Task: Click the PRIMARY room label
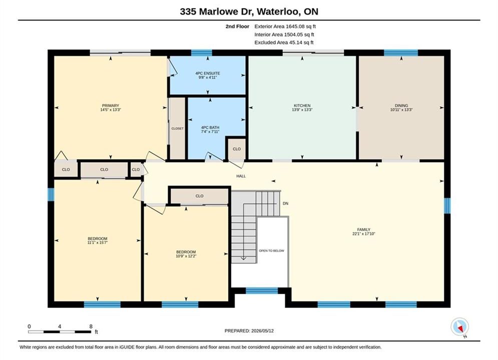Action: [111, 105]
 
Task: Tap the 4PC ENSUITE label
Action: [208, 73]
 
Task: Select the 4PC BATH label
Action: [210, 127]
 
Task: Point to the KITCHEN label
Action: [302, 105]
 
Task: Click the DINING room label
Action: [401, 105]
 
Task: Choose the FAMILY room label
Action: [364, 229]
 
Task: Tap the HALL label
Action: [241, 176]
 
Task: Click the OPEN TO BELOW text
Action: [272, 250]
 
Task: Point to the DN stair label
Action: [285, 203]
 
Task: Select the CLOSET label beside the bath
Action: [178, 128]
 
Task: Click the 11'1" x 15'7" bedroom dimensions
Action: [98, 242]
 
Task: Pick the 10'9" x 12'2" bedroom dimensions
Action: [186, 256]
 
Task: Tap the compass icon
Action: [459, 326]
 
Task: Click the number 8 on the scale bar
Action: [91, 326]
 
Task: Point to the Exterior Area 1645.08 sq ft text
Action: [285, 26]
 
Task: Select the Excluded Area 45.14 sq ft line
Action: [284, 42]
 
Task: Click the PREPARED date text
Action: [249, 331]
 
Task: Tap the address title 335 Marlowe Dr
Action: [217, 11]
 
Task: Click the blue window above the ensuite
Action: [201, 52]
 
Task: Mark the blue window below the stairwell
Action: [262, 290]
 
